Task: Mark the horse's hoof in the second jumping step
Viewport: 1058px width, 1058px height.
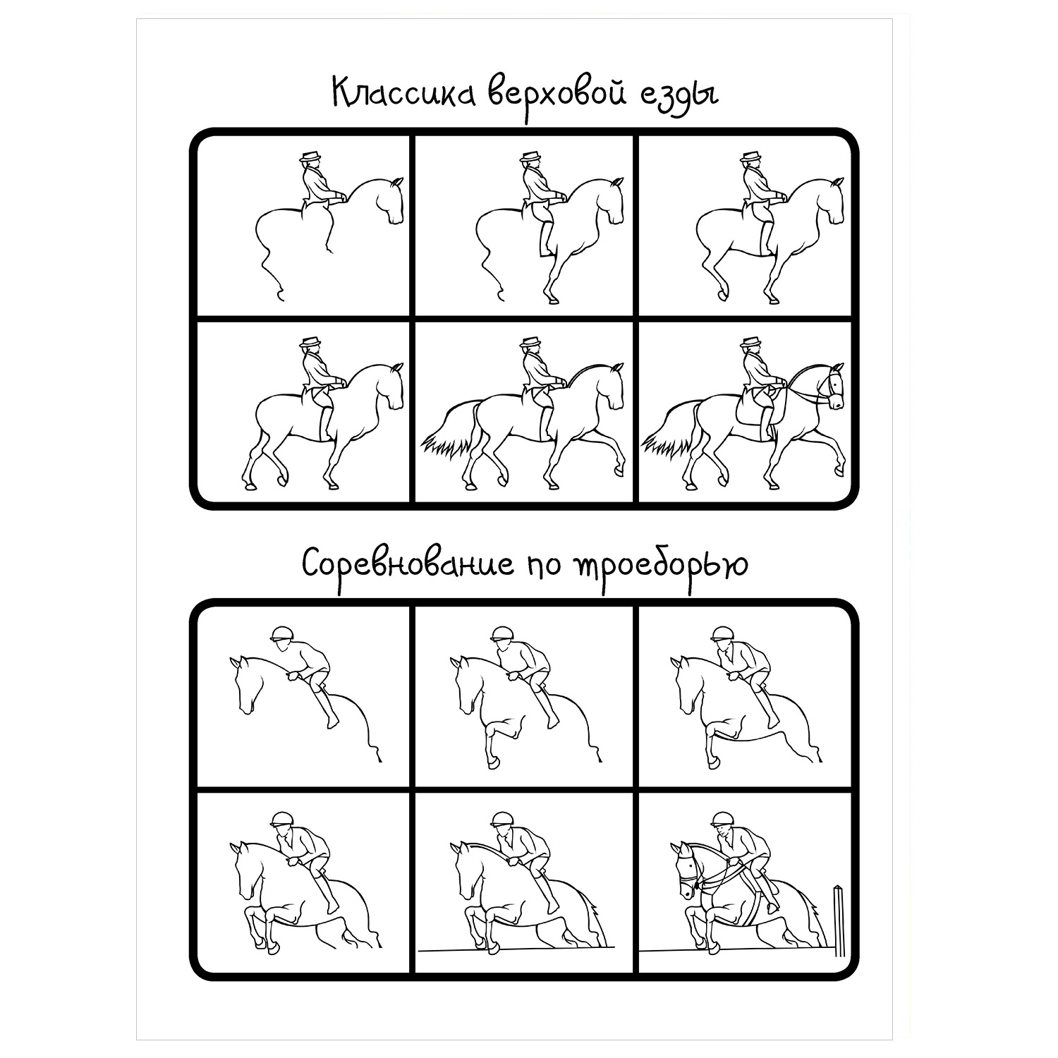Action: pyautogui.click(x=490, y=762)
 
